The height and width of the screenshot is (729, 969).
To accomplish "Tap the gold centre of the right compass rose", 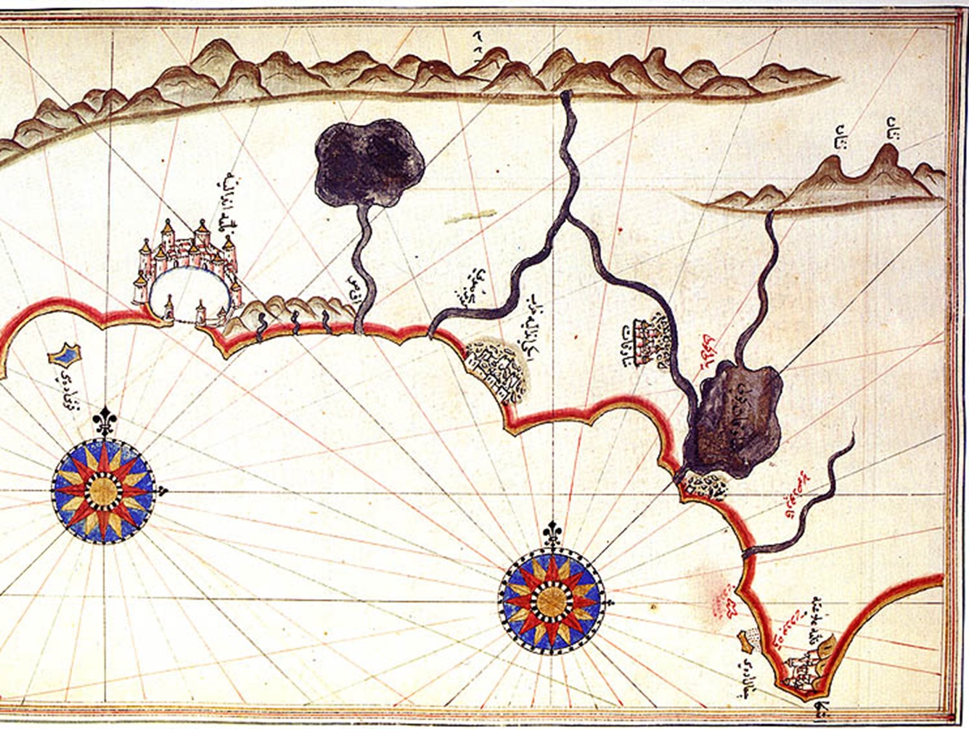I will (x=551, y=600).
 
